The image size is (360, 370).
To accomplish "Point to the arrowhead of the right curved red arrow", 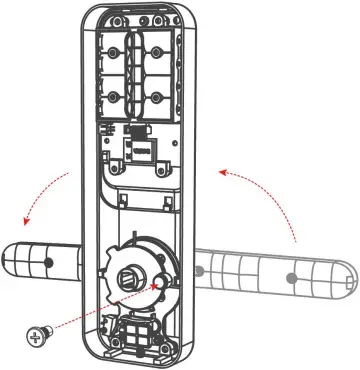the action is [x=222, y=172].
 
